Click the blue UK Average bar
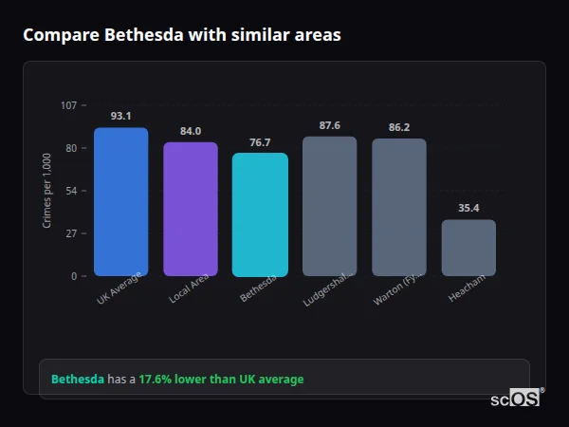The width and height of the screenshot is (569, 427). click(x=120, y=202)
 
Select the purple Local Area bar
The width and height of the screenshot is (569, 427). click(x=191, y=210)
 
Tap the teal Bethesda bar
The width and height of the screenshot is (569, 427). click(x=260, y=214)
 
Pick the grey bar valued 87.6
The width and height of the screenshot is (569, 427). click(x=330, y=206)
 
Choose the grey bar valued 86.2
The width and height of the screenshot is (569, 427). click(x=399, y=208)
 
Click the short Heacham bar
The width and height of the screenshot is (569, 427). click(x=468, y=248)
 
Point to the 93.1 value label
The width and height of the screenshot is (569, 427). click(x=120, y=116)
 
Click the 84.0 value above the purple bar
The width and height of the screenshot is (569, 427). click(x=191, y=131)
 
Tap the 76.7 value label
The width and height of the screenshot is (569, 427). click(x=260, y=142)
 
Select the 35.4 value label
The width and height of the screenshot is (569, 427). click(x=468, y=208)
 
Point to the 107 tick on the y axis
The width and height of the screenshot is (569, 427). click(x=68, y=105)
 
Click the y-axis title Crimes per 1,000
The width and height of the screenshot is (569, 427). click(x=46, y=191)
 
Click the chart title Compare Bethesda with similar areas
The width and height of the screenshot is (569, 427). click(x=181, y=35)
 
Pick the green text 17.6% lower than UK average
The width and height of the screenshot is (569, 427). click(x=221, y=380)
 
